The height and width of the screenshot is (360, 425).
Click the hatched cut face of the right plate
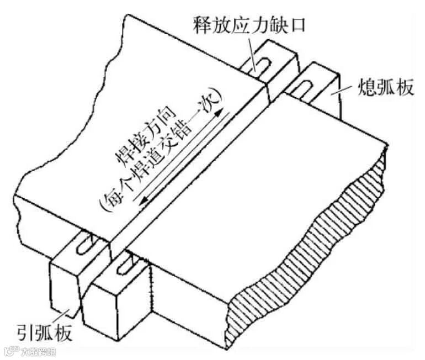pos(309,243)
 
